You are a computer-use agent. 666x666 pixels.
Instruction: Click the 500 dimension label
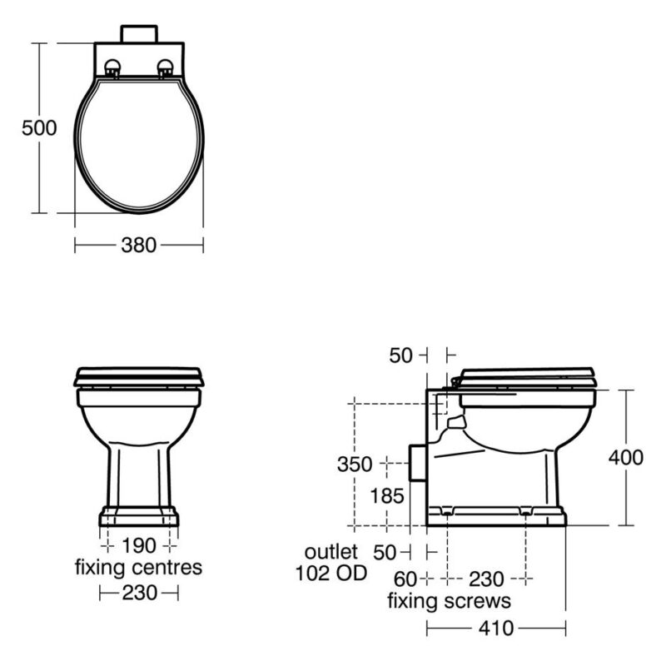click(39, 128)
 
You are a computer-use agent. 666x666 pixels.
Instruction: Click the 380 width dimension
click(139, 245)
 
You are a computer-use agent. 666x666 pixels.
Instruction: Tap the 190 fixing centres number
click(139, 545)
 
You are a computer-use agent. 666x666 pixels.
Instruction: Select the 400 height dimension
click(626, 457)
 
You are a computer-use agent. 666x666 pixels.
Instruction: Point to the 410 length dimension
click(496, 629)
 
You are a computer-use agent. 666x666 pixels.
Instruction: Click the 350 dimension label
click(355, 465)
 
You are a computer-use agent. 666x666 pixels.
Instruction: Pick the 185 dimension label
click(387, 496)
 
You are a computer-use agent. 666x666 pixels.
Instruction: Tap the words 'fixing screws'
click(449, 601)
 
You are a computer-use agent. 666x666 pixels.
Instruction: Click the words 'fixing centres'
click(138, 567)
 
